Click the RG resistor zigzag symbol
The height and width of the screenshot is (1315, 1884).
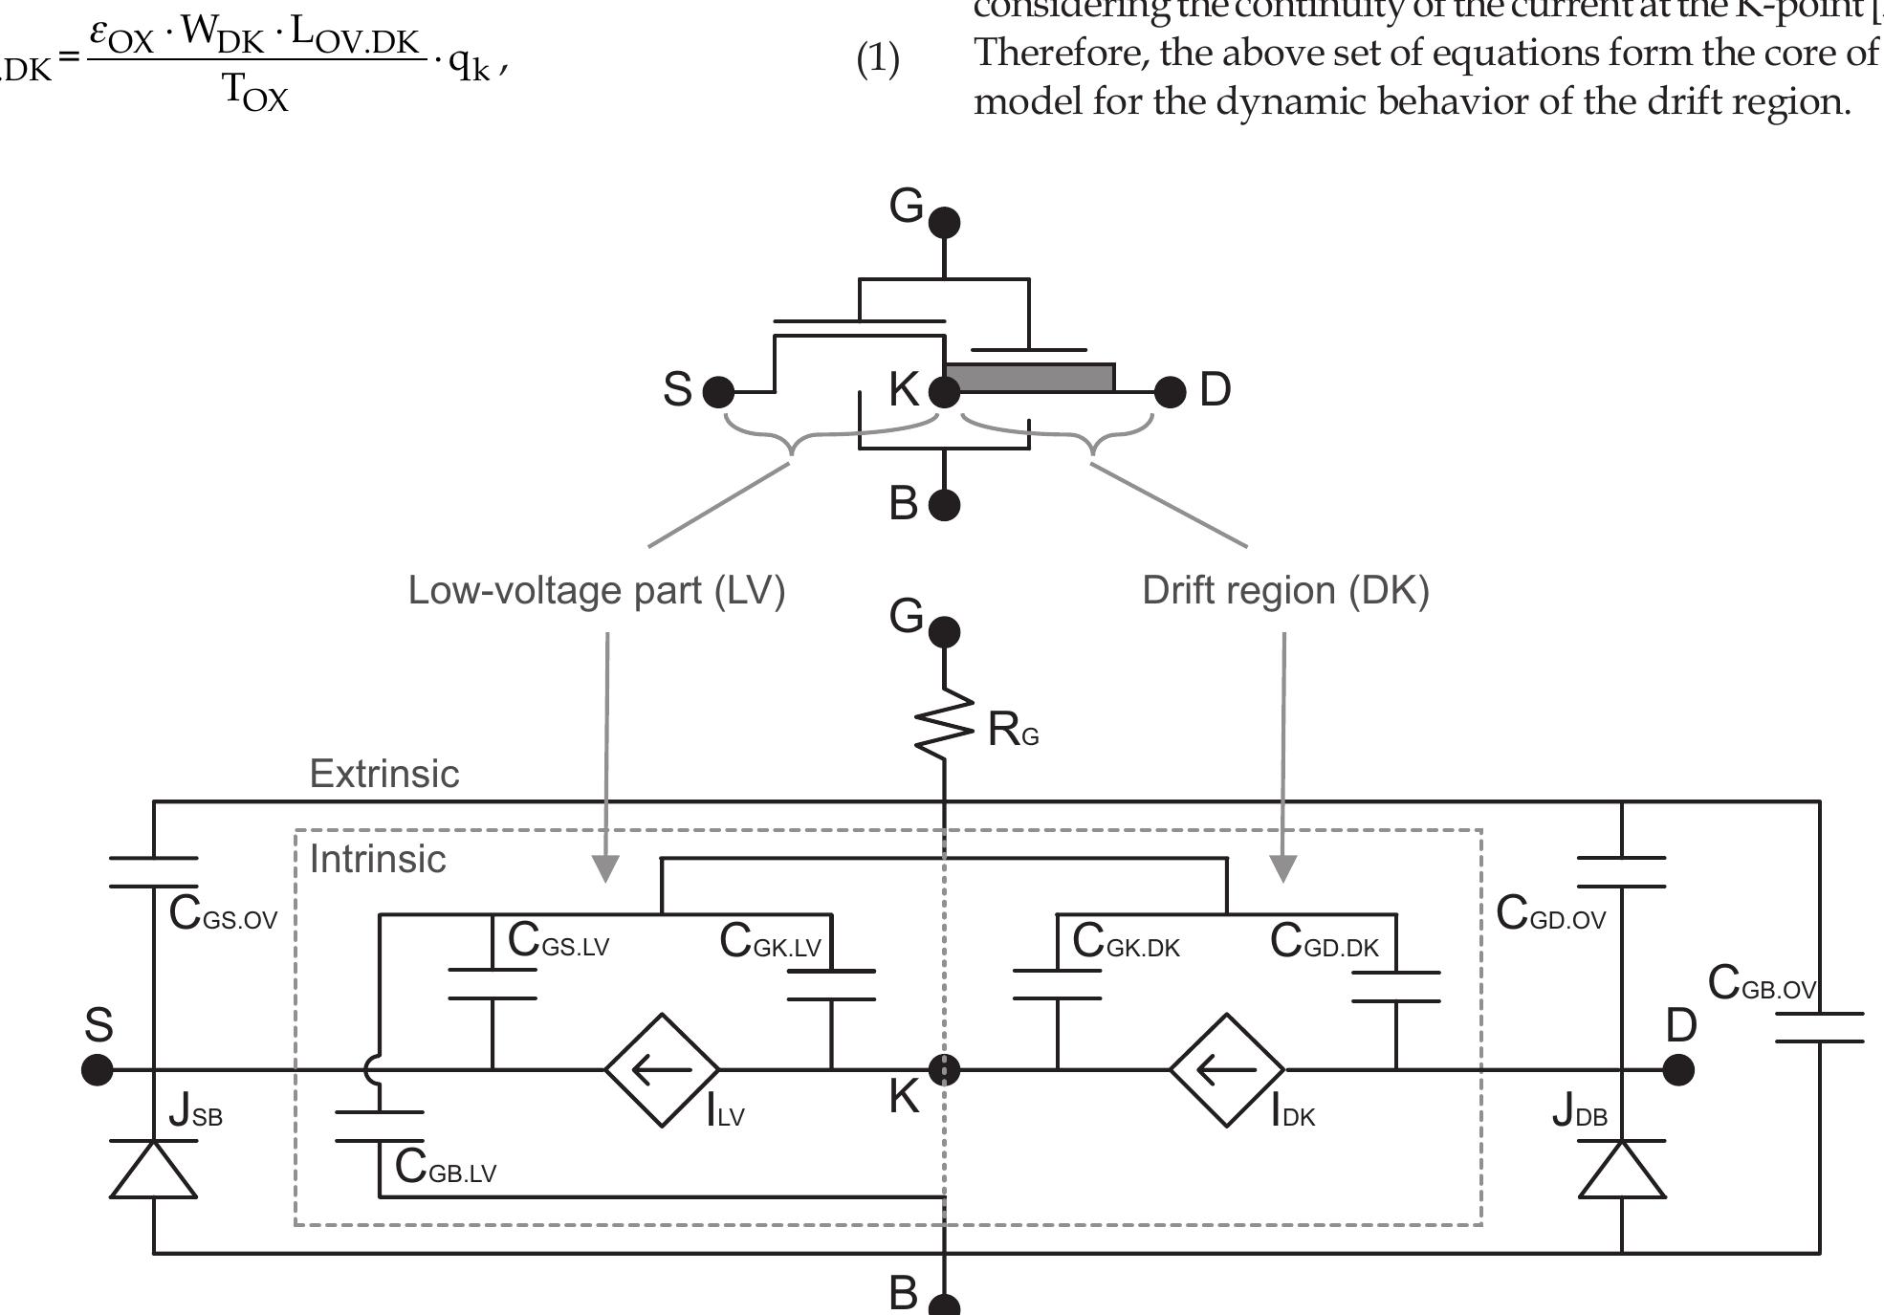click(945, 727)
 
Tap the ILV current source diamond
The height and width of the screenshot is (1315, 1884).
click(663, 1070)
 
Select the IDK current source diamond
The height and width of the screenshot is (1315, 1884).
click(1228, 1070)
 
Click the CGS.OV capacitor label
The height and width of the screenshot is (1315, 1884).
click(222, 914)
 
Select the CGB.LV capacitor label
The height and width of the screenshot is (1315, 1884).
click(445, 1168)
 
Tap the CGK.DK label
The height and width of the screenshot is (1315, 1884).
click(1126, 942)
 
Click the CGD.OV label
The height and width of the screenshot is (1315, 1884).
click(1550, 914)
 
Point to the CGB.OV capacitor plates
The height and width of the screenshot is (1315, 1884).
click(1819, 1027)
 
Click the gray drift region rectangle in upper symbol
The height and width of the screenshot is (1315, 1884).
click(1029, 378)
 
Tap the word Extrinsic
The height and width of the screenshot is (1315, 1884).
click(384, 774)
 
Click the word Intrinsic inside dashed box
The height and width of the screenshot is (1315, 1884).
click(378, 859)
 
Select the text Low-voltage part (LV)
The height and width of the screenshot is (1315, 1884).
click(597, 590)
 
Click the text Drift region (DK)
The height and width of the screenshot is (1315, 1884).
click(1285, 590)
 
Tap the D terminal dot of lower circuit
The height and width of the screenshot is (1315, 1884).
click(1678, 1070)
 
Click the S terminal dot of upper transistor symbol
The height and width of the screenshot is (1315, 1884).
click(718, 391)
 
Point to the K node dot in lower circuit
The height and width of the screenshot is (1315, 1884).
click(945, 1070)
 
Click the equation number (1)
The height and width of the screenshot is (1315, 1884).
click(877, 60)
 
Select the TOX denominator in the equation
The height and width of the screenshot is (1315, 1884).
click(255, 94)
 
